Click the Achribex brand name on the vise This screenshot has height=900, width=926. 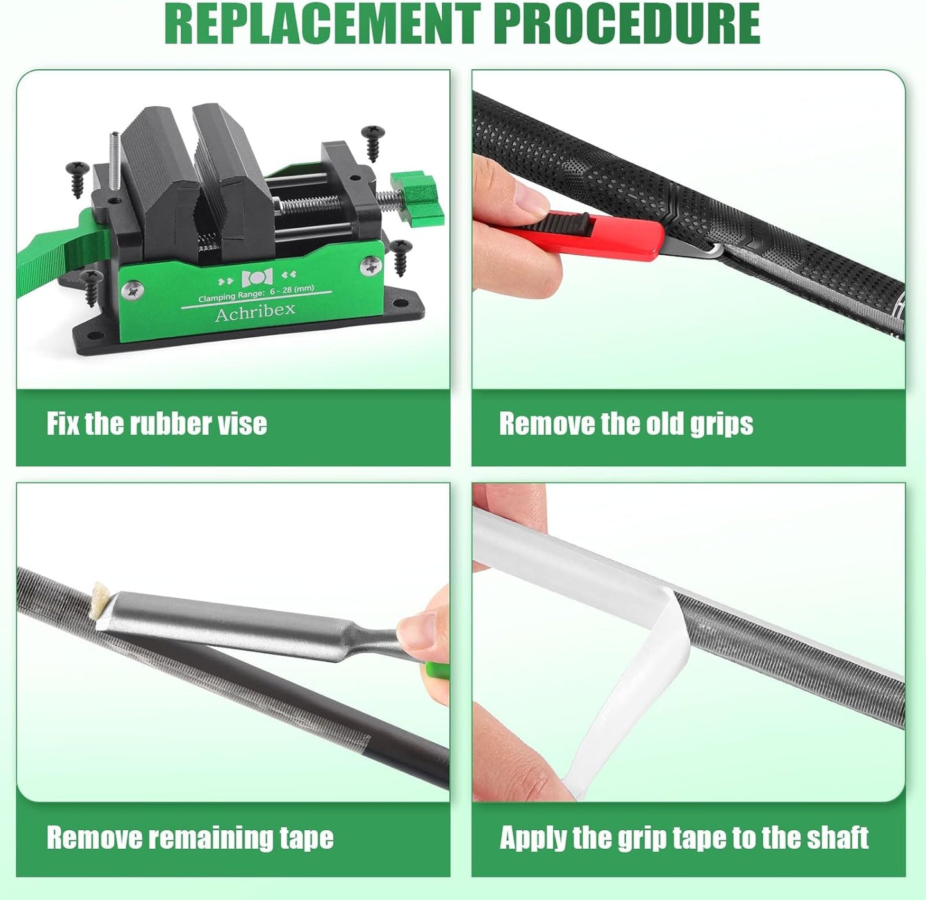(255, 313)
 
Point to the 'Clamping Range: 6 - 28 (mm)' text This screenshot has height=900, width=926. (256, 294)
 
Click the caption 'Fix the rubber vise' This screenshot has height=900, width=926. (156, 424)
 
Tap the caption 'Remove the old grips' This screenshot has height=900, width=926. (625, 424)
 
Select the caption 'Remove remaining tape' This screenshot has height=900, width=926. (190, 838)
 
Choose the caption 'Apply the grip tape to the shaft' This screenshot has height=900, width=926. (684, 838)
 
